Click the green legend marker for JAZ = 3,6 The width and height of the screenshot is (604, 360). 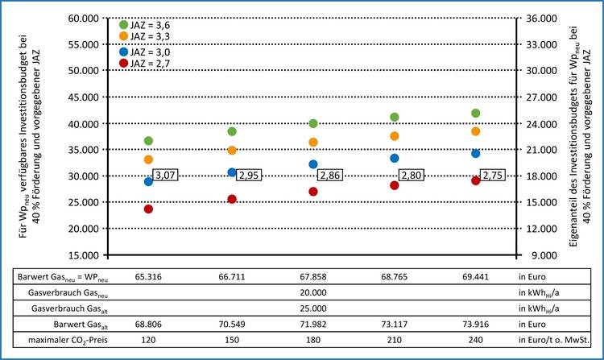[x=123, y=24]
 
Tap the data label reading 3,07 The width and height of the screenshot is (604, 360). [x=165, y=176]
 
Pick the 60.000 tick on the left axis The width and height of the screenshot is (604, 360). [x=90, y=18]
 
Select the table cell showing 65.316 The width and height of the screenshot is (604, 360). [x=148, y=276]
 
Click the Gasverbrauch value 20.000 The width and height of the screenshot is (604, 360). [x=312, y=292]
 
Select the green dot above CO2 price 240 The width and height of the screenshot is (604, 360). [x=476, y=114]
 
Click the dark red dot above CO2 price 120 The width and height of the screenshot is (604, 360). [x=148, y=209]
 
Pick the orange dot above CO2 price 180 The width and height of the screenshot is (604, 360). [x=312, y=143]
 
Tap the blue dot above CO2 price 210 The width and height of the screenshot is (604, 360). [x=395, y=158]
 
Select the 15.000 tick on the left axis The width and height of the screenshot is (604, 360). [x=90, y=254]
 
